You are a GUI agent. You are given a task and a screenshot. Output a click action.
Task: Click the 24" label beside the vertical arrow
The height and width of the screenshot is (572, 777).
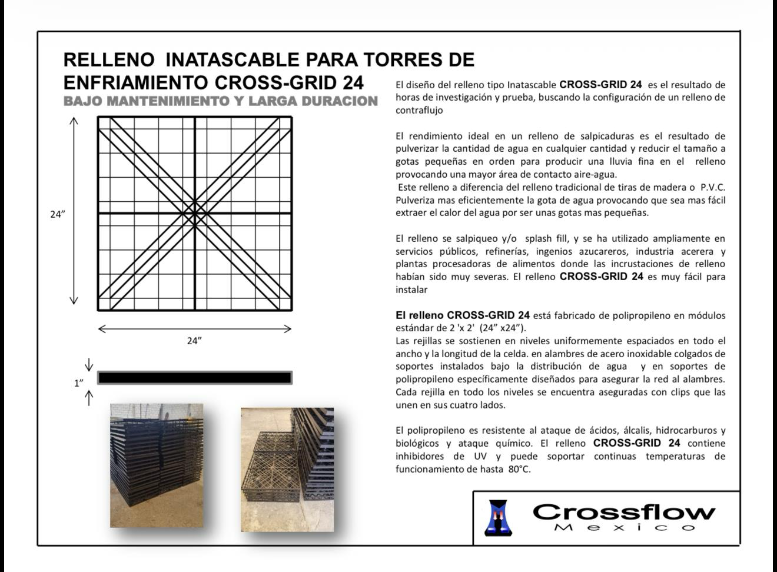[57, 214]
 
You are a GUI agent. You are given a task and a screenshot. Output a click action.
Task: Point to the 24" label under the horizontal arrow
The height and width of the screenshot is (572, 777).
[194, 341]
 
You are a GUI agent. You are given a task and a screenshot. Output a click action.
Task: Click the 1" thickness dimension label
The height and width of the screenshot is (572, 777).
[79, 383]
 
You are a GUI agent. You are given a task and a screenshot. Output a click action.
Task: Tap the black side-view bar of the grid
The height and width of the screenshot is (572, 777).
[194, 378]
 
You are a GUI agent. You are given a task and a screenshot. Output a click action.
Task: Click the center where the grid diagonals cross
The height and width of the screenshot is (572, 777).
[195, 213]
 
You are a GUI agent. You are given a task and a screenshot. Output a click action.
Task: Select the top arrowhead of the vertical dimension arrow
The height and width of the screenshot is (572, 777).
[74, 121]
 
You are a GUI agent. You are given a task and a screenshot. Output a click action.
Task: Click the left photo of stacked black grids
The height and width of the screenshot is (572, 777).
[157, 465]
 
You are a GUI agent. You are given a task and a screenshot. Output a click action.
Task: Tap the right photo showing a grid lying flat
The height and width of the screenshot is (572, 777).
[287, 470]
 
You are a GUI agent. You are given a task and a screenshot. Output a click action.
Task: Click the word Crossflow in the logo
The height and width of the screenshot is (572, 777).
[624, 511]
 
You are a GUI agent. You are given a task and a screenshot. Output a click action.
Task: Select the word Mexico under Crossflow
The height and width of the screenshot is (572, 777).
[624, 527]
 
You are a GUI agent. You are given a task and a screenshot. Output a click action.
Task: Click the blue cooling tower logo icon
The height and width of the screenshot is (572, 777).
[499, 518]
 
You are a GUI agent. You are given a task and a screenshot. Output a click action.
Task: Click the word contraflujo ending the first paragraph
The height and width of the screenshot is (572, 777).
[419, 110]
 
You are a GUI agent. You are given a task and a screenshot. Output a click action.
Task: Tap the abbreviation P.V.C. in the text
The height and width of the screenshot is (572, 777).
[712, 187]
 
